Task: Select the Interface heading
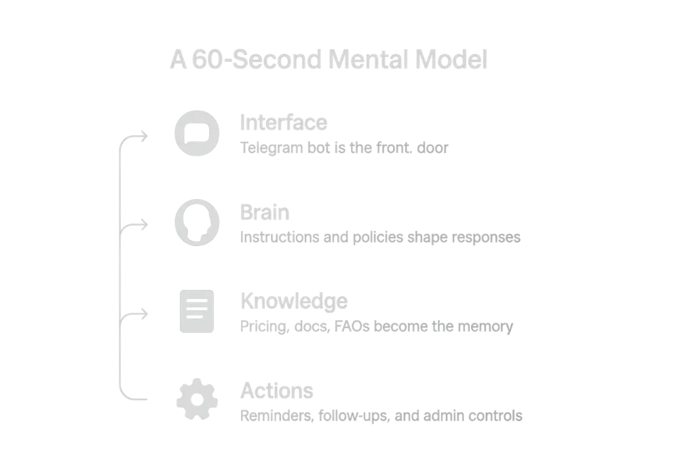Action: [x=284, y=122]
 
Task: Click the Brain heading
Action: [x=265, y=213]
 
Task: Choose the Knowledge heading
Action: [x=294, y=301]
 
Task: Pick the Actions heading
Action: [x=277, y=391]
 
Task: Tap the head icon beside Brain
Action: [x=197, y=221]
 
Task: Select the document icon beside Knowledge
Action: [x=197, y=312]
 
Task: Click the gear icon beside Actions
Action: [x=197, y=401]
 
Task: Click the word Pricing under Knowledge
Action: [x=263, y=327]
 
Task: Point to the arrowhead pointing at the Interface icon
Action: [x=148, y=135]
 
